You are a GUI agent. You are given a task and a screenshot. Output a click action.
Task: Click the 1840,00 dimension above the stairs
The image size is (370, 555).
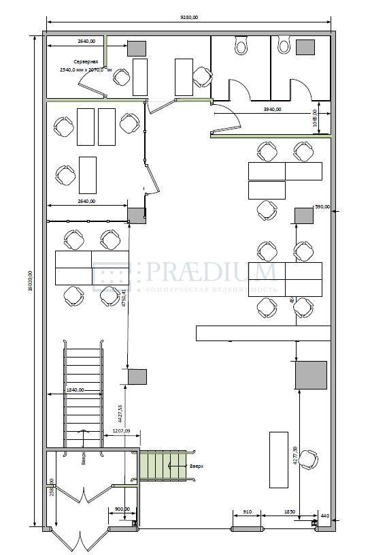point(75,390)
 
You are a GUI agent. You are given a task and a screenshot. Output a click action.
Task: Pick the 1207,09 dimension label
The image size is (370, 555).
point(121,430)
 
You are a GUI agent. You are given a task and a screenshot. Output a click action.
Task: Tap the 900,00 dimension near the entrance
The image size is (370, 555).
point(123,509)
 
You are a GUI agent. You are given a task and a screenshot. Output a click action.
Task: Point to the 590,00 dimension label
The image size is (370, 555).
point(322,206)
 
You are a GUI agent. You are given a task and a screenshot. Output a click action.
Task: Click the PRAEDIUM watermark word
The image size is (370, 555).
point(207,273)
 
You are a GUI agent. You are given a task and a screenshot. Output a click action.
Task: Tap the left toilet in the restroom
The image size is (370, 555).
point(241,46)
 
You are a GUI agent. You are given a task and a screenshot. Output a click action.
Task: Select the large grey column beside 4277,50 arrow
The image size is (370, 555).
point(311,375)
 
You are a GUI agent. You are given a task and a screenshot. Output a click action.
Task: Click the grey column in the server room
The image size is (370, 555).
point(136,48)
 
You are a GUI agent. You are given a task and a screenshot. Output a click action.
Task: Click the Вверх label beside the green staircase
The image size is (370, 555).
point(197,466)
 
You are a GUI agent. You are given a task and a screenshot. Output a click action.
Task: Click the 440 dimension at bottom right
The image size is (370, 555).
point(324,516)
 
